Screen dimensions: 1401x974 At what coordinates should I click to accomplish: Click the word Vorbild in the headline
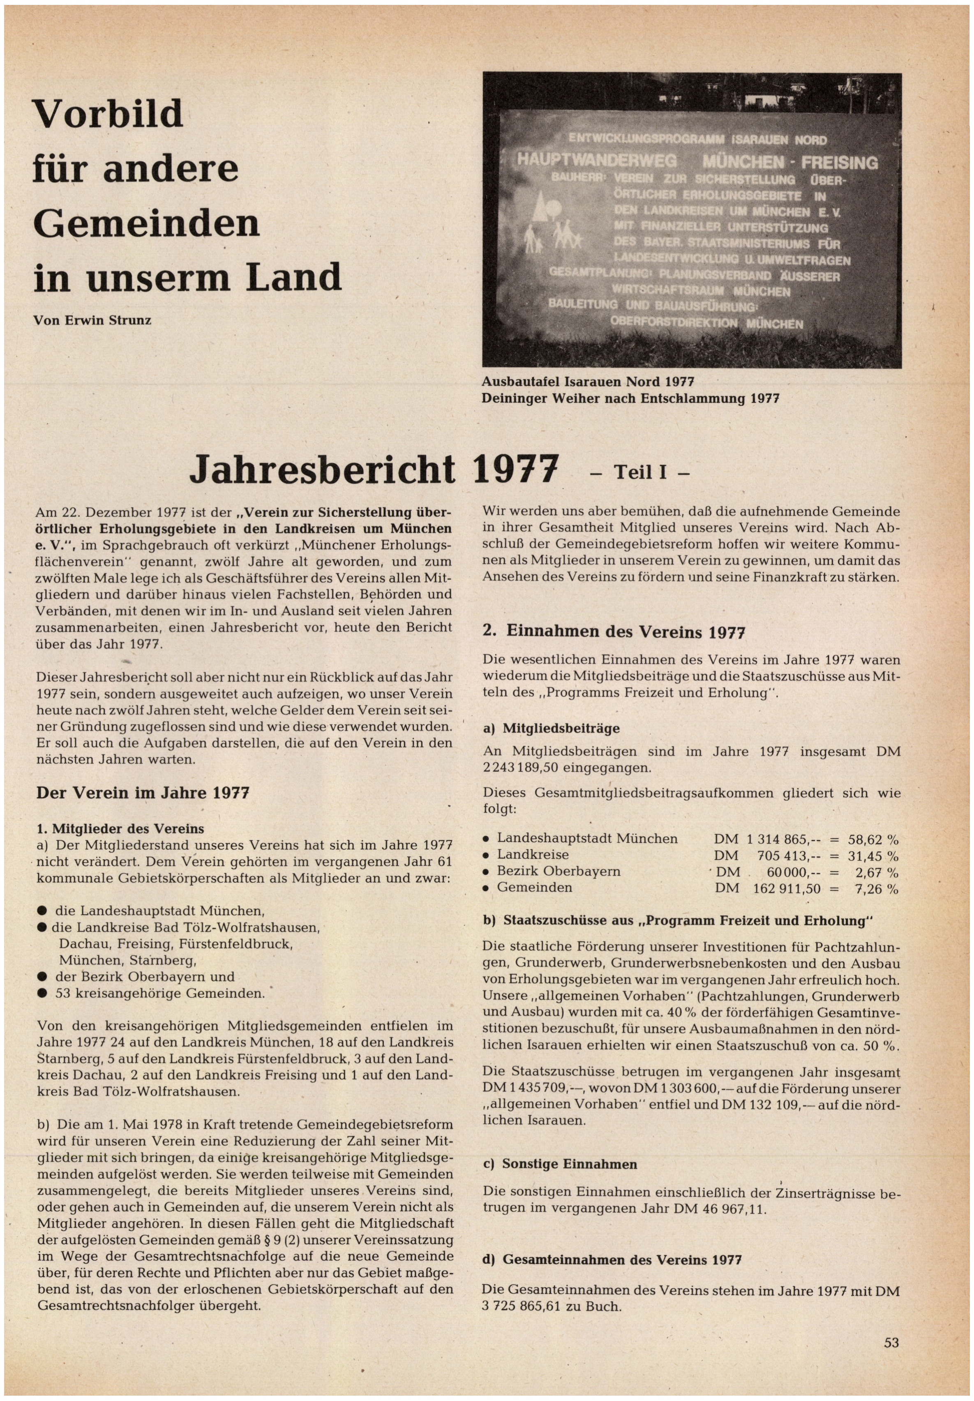coord(108,114)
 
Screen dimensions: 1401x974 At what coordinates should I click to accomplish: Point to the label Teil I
coord(640,473)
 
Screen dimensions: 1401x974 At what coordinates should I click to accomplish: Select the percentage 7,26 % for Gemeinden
coord(876,889)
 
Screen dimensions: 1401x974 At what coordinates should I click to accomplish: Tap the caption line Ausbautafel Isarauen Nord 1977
coord(588,382)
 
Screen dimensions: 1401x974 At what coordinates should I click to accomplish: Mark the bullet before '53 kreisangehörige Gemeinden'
coord(42,993)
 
